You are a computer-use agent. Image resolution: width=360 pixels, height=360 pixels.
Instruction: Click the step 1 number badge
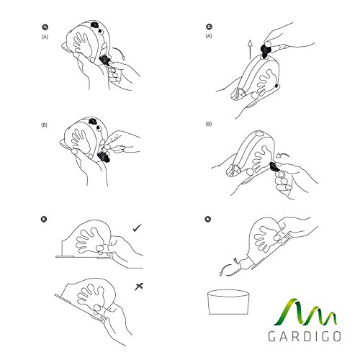[45, 27]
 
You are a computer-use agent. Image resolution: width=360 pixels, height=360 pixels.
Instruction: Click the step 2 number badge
[209, 27]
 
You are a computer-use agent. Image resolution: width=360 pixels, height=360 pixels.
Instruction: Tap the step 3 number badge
[44, 219]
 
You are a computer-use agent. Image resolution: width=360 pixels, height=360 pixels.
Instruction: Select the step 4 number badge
[208, 219]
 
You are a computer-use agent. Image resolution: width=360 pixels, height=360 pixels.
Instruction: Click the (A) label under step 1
[45, 37]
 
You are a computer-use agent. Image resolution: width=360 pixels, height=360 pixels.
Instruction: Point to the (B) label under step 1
[44, 125]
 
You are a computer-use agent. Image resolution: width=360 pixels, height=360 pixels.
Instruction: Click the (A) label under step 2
[209, 36]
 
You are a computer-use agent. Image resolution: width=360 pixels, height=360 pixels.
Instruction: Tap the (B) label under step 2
[209, 124]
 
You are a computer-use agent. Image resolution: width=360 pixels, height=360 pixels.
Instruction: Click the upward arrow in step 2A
[250, 50]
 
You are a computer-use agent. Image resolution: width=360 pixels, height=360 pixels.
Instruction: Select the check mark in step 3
[137, 228]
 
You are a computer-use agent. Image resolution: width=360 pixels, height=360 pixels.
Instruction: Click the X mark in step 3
[139, 287]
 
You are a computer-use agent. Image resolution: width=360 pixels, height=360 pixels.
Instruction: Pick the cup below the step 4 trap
[228, 302]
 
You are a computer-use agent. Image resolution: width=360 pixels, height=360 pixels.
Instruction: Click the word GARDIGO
[305, 336]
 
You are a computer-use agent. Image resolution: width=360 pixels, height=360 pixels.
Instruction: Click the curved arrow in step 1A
[120, 53]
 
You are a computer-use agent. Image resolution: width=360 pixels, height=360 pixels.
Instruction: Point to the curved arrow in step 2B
[283, 155]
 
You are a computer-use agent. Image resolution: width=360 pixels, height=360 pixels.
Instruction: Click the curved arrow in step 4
[226, 269]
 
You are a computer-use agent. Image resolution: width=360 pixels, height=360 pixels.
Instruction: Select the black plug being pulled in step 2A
[265, 50]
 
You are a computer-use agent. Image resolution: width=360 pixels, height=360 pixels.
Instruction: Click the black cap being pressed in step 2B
[274, 167]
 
